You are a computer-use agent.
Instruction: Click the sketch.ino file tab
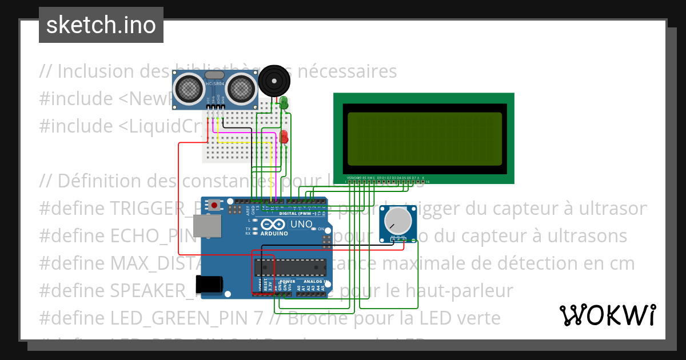[101, 25]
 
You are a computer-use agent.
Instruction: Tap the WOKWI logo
[607, 315]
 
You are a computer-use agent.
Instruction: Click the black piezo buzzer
[274, 82]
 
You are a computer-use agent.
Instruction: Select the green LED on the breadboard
[284, 103]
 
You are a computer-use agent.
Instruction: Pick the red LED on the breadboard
[284, 137]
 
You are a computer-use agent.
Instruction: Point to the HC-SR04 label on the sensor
[215, 85]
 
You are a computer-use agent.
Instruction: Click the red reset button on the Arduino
[214, 205]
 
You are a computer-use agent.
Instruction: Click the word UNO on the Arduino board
[301, 225]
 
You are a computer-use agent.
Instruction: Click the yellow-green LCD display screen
[424, 138]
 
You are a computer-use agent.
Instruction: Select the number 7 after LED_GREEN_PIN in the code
[259, 318]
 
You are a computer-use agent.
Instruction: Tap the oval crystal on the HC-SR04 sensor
[214, 75]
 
